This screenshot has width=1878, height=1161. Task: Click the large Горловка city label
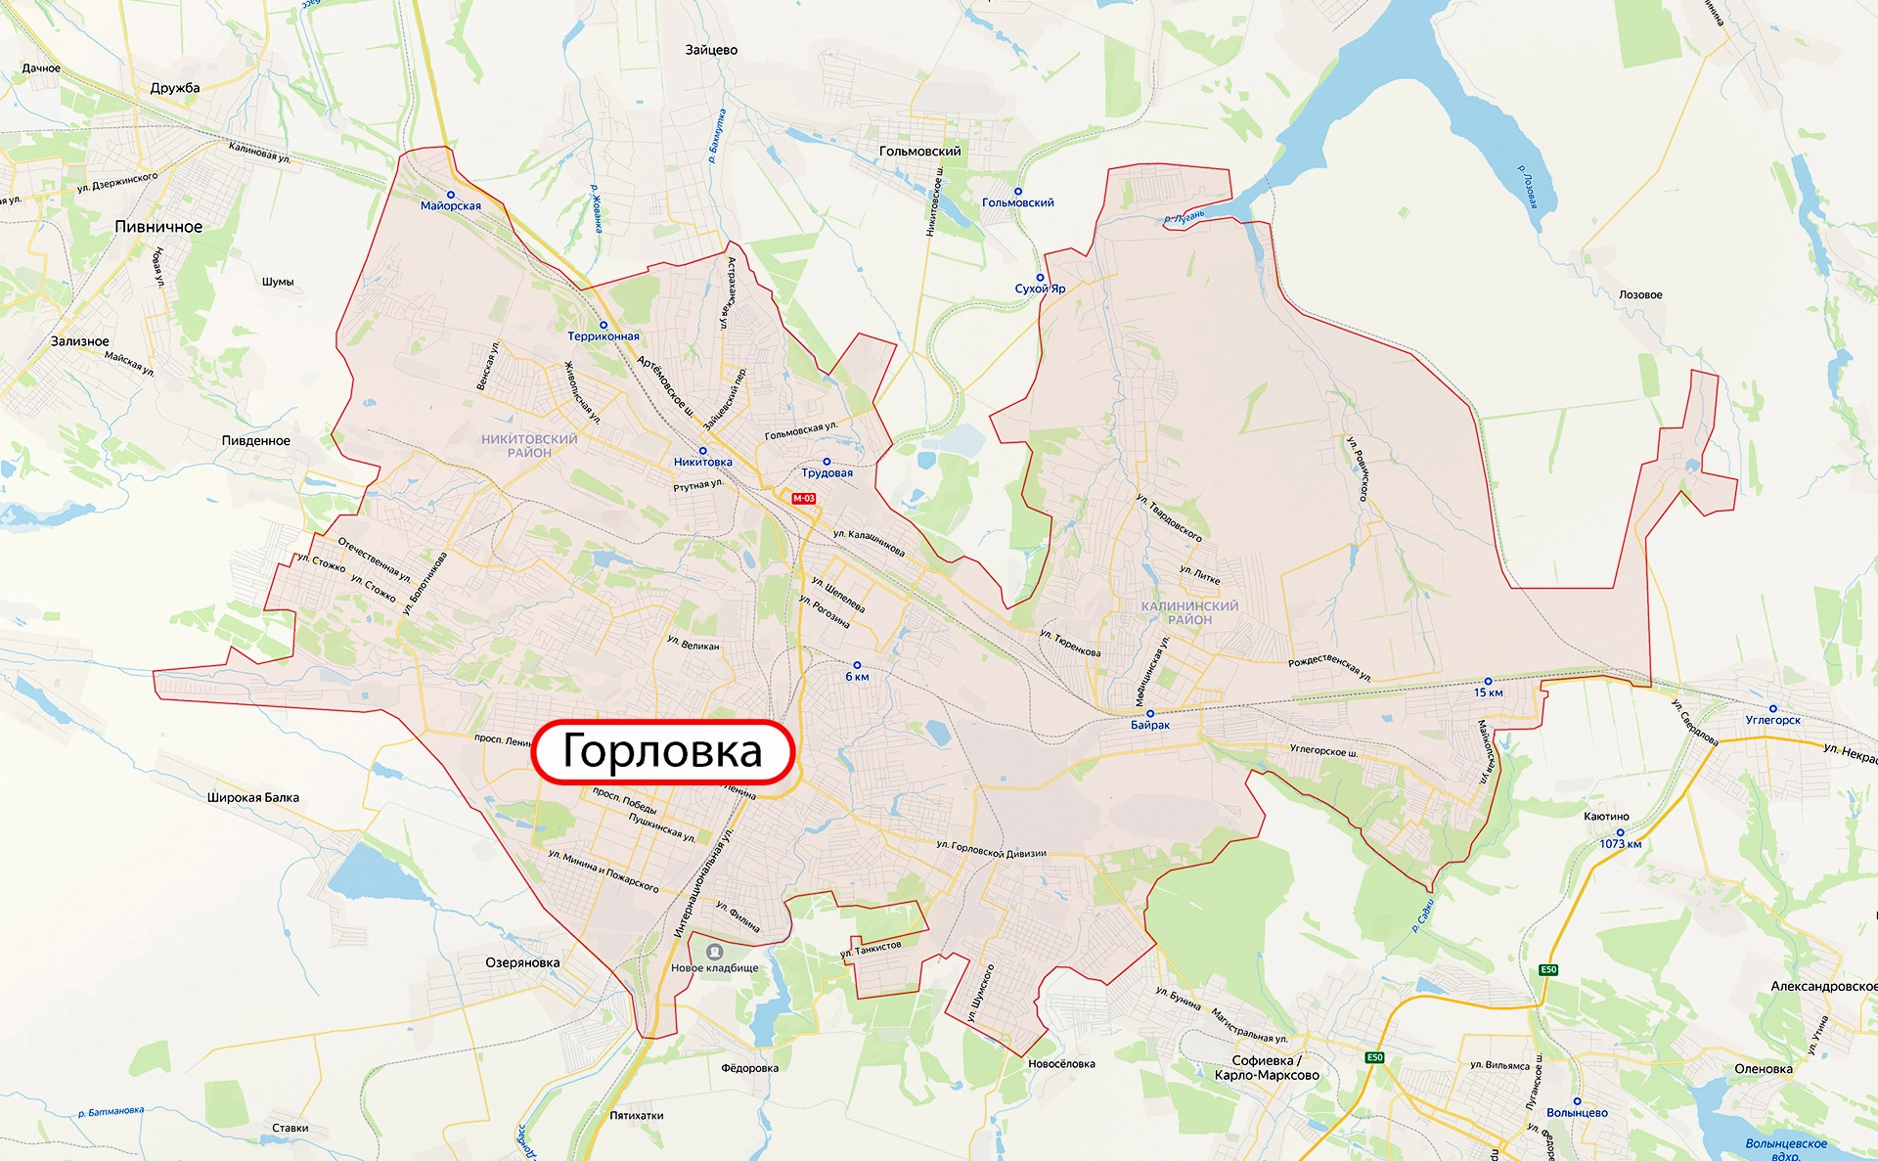coord(662,751)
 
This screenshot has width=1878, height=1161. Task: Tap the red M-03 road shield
coord(803,499)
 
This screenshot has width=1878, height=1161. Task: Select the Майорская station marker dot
coord(451,195)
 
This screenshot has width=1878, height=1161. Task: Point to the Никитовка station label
coord(702,463)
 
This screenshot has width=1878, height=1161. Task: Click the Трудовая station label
coord(827,473)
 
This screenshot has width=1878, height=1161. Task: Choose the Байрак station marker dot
coord(1150,714)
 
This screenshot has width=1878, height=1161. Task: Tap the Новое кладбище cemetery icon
coord(715,952)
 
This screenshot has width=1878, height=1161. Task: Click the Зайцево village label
coord(711,50)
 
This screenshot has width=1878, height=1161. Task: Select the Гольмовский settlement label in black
coord(919,152)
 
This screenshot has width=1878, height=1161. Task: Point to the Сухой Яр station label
coord(1040,289)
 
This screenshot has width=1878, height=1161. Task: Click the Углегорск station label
coord(1772,721)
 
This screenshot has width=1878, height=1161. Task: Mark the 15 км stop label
coord(1488,692)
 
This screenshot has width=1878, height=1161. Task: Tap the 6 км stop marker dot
coord(857,665)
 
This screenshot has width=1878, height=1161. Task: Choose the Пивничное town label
coord(158,227)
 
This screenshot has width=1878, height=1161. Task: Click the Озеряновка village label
coord(522,962)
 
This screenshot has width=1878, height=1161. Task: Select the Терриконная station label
coord(604,336)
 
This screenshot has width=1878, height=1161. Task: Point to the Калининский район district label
coord(1189,613)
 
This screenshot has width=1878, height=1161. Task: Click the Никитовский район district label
coord(529,446)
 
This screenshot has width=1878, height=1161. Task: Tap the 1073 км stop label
coord(1620,844)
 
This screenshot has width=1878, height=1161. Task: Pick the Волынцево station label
coord(1577,1113)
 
